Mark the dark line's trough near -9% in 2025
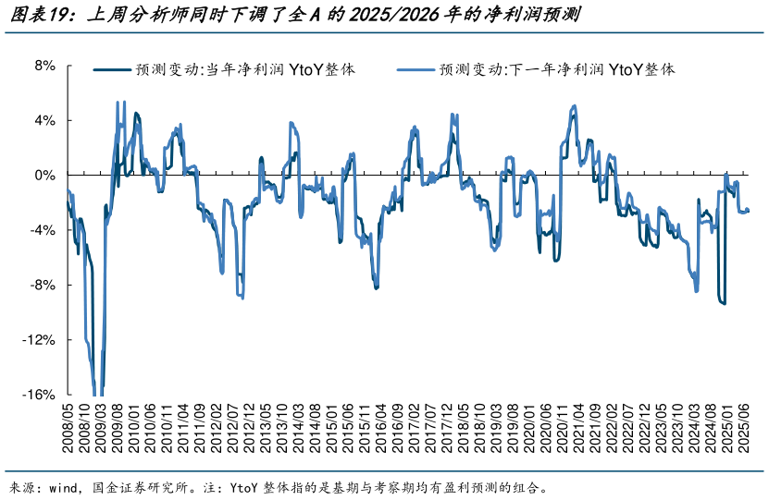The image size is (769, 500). click(723, 302)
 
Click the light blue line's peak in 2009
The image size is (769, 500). click(118, 103)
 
